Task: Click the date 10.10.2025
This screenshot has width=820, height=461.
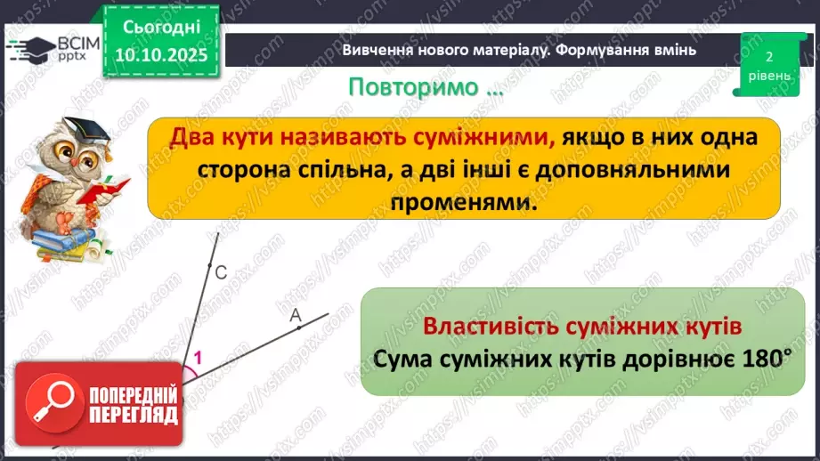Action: [160, 55]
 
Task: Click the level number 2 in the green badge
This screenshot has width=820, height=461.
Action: [768, 55]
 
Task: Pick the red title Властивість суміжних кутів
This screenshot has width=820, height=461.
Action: [582, 326]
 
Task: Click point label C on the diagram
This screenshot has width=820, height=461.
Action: [221, 275]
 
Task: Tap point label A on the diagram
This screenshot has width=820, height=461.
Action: [295, 314]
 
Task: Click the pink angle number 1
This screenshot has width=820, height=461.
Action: [197, 358]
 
